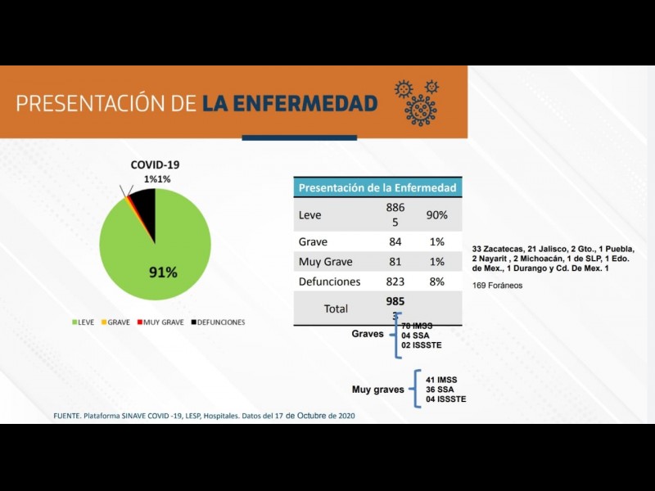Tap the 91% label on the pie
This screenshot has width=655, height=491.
coord(163,273)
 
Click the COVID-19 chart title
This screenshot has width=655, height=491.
coord(156,164)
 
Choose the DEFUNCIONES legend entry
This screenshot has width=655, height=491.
coord(218,322)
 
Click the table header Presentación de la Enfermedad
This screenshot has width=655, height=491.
coord(377,187)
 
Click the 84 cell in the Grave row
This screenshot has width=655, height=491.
coord(395,242)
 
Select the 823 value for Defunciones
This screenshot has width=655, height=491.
coord(395,282)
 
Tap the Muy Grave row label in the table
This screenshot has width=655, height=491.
coord(326,262)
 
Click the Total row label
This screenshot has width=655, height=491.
coord(336,309)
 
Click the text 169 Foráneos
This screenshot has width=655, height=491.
coord(497,286)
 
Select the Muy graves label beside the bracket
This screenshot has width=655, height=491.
coord(377,390)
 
